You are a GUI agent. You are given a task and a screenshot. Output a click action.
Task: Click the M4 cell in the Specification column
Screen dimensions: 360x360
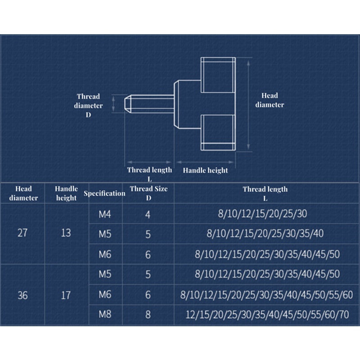click(x=104, y=214)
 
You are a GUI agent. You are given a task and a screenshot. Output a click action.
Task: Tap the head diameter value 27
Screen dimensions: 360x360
click(x=22, y=234)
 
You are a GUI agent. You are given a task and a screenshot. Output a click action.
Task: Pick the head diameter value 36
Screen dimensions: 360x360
click(x=22, y=295)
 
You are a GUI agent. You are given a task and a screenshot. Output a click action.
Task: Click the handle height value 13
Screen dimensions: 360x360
click(x=66, y=234)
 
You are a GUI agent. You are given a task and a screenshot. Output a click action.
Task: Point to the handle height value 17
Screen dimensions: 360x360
click(x=66, y=295)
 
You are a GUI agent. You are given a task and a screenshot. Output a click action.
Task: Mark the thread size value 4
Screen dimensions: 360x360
click(x=148, y=214)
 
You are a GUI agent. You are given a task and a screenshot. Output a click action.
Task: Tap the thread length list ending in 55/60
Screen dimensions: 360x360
click(x=266, y=295)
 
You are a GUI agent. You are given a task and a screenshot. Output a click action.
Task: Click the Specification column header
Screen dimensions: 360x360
click(x=104, y=193)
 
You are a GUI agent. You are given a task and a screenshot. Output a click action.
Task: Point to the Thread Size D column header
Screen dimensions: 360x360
click(x=148, y=193)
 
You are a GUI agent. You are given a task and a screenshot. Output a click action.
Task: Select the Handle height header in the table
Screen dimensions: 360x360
click(x=66, y=193)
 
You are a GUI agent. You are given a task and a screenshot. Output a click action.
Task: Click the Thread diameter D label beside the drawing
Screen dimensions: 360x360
click(x=89, y=105)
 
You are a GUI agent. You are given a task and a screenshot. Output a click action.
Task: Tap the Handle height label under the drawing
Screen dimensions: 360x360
click(x=205, y=171)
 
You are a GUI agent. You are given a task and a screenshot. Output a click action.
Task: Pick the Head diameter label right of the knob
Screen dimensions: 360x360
click(x=270, y=100)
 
